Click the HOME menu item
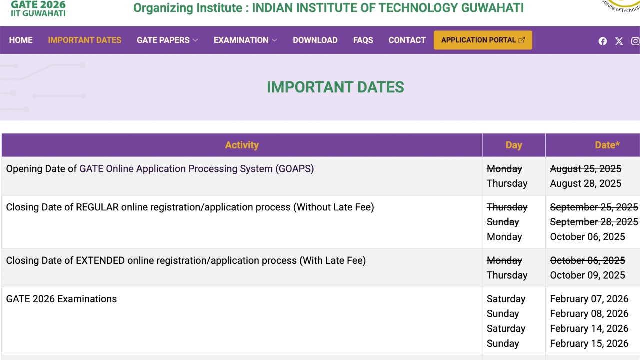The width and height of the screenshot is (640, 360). (x=21, y=40)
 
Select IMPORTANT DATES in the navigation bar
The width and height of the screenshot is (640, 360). (x=85, y=40)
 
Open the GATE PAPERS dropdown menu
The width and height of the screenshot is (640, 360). (x=167, y=40)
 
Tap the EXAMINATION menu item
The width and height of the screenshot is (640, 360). (x=245, y=40)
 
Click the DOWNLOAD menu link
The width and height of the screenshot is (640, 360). (x=315, y=40)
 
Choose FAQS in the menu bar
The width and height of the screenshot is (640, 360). (x=363, y=40)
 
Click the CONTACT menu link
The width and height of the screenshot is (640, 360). (x=407, y=40)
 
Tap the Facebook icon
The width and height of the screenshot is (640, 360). (x=603, y=41)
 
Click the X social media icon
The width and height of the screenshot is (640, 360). (x=619, y=41)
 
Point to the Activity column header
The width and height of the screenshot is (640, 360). (x=242, y=145)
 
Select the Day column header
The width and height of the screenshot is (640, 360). (x=514, y=145)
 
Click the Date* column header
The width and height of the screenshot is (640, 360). (x=607, y=145)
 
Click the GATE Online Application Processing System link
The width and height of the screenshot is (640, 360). (x=197, y=169)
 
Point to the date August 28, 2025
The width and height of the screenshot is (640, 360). (x=585, y=183)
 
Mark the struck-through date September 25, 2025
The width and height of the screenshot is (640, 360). (x=594, y=207)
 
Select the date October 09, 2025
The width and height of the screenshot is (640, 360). (x=587, y=275)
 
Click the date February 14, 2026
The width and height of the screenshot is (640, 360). (x=589, y=329)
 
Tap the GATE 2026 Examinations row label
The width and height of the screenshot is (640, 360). (x=61, y=299)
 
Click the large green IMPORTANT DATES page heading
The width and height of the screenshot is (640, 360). (x=335, y=87)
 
